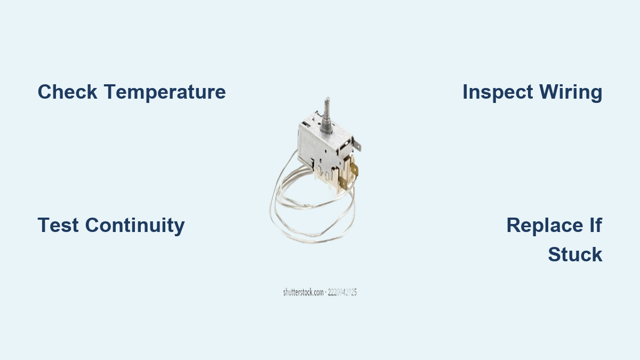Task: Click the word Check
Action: point(67,92)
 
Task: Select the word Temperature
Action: point(165,92)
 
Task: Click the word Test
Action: point(58,225)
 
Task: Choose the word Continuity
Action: point(135,226)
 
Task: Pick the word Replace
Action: point(545,226)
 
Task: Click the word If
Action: point(596,225)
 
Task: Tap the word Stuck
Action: point(575,254)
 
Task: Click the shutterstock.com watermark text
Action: point(303,292)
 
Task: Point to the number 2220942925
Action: point(342,292)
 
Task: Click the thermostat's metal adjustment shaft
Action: point(326,115)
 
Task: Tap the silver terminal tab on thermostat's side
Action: point(357,143)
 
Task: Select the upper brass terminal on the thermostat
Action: point(354,170)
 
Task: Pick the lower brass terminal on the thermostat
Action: point(343,183)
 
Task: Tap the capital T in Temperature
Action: point(110,92)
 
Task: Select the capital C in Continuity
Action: point(93,225)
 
